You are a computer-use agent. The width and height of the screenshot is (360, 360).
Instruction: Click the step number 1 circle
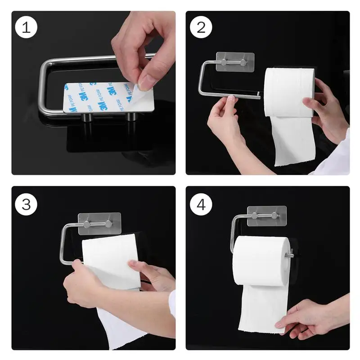(27, 27)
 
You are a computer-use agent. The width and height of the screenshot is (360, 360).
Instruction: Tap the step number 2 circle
(201, 27)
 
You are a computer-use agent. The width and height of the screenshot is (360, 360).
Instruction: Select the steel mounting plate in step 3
(99, 224)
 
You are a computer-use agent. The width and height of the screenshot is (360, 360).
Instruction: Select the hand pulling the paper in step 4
(310, 317)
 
